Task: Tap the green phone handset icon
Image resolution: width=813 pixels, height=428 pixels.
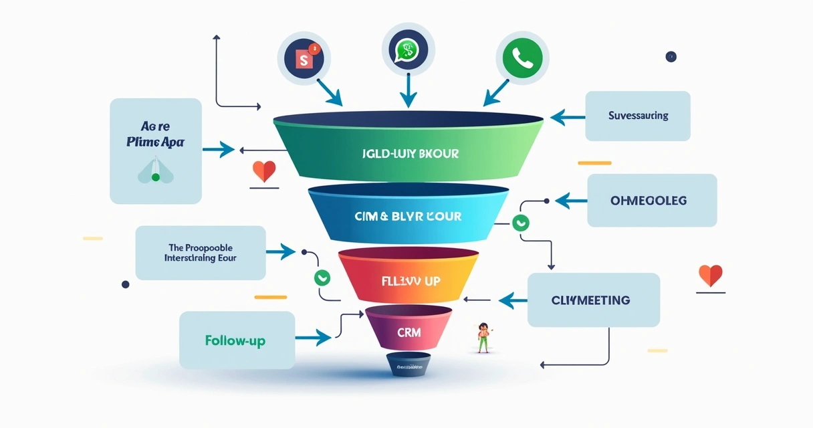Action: (x=522, y=58)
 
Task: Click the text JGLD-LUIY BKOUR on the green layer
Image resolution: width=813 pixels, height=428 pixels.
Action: (x=408, y=154)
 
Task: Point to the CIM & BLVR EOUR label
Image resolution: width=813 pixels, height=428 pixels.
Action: (x=409, y=217)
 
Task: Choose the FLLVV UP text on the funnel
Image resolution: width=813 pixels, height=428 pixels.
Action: (x=409, y=281)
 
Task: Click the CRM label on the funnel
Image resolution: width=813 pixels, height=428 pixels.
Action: (x=409, y=332)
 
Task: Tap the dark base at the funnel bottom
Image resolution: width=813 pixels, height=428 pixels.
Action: (x=409, y=365)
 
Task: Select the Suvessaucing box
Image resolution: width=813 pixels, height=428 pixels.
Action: (x=637, y=116)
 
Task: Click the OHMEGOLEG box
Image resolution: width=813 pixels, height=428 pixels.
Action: (x=652, y=201)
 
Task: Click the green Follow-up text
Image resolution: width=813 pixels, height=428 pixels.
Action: (x=235, y=340)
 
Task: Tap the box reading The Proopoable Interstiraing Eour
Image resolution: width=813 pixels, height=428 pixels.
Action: (x=200, y=253)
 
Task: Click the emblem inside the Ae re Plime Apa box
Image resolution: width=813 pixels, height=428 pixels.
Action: (x=156, y=172)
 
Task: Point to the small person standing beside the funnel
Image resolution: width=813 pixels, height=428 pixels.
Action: (x=483, y=336)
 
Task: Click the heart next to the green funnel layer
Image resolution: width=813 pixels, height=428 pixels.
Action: (x=264, y=171)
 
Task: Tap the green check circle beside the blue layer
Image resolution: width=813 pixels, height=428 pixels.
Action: (x=519, y=223)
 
